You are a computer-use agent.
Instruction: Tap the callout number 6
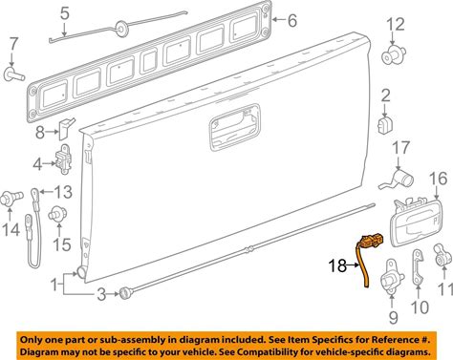292,21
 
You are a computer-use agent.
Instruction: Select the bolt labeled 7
14,74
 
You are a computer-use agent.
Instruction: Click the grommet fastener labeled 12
394,55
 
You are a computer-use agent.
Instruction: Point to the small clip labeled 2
385,125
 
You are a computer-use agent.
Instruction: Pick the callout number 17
400,147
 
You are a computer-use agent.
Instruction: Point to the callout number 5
65,13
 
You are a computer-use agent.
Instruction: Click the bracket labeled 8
66,129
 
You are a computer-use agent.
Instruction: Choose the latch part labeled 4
64,159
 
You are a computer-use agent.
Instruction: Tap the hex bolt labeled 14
11,198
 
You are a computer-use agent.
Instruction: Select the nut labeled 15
57,215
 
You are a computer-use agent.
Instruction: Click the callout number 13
63,192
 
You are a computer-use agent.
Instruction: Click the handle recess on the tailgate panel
235,127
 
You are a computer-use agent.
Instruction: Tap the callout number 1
54,285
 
